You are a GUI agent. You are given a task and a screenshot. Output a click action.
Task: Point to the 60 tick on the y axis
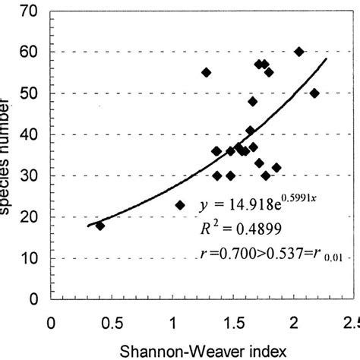30,52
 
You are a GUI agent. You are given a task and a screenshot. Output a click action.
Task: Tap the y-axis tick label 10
30,258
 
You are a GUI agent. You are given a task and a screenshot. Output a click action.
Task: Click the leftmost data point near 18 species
99,226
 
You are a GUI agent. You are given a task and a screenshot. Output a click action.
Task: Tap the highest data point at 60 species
298,52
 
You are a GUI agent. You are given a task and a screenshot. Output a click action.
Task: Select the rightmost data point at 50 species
314,93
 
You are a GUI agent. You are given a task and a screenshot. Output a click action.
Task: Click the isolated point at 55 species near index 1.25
206,72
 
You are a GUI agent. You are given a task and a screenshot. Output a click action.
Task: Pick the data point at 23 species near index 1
180,205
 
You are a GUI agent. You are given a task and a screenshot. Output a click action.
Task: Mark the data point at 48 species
253,101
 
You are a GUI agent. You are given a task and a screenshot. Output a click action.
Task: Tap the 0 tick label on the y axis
33,299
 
